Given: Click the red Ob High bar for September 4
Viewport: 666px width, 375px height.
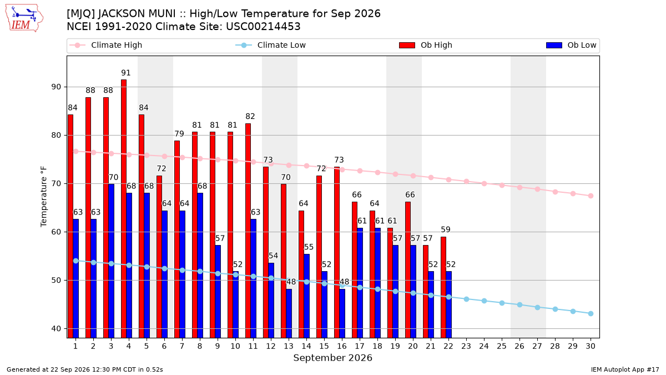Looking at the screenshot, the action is click(x=124, y=209).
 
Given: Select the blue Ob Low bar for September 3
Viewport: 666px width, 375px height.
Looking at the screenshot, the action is click(x=111, y=261).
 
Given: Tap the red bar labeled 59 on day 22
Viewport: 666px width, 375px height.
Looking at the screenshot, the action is click(x=443, y=287).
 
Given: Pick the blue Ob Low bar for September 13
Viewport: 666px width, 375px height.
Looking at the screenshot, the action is click(x=289, y=313).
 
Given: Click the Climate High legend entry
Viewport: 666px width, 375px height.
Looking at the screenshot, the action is click(x=106, y=45).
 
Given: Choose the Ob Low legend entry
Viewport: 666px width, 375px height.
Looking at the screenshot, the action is click(x=571, y=45).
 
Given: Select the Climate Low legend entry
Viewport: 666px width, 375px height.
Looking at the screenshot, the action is click(x=271, y=45).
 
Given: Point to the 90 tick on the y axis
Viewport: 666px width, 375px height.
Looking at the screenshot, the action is click(x=57, y=87).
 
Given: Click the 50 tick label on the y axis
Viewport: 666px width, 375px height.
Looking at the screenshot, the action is click(x=57, y=281).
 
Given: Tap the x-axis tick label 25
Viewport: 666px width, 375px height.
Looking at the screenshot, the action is click(x=502, y=346).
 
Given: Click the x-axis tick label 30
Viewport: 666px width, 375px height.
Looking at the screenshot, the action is click(x=591, y=346).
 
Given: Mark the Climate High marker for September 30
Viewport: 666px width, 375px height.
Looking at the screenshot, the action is click(x=591, y=196).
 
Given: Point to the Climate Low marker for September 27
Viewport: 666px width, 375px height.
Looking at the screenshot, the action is click(x=538, y=307).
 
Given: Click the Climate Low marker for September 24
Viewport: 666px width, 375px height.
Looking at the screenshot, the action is click(x=484, y=301).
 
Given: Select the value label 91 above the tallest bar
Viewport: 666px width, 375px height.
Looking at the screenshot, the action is click(x=126, y=73).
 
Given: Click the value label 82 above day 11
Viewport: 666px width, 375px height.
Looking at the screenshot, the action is click(x=250, y=116).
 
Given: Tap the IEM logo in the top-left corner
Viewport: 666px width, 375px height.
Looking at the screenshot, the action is click(x=24, y=18).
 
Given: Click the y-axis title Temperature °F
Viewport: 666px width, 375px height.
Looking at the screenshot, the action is click(x=44, y=197).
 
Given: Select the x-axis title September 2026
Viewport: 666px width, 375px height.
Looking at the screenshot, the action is click(x=332, y=358).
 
